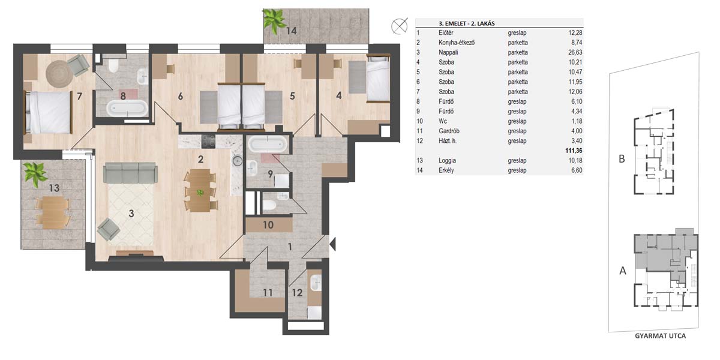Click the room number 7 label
79,96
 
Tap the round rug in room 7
59,74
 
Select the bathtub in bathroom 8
127,109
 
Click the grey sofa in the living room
130,173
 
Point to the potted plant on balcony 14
274,21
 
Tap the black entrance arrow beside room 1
332,244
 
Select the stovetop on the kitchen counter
208,142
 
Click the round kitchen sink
238,160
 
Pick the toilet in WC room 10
269,205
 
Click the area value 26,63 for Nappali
575,52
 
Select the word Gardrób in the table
449,131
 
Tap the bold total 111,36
574,151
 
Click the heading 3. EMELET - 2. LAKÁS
466,23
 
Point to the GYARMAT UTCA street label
660,336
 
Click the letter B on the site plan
622,159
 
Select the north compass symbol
400,26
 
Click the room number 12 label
298,293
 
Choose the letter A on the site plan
623,271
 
